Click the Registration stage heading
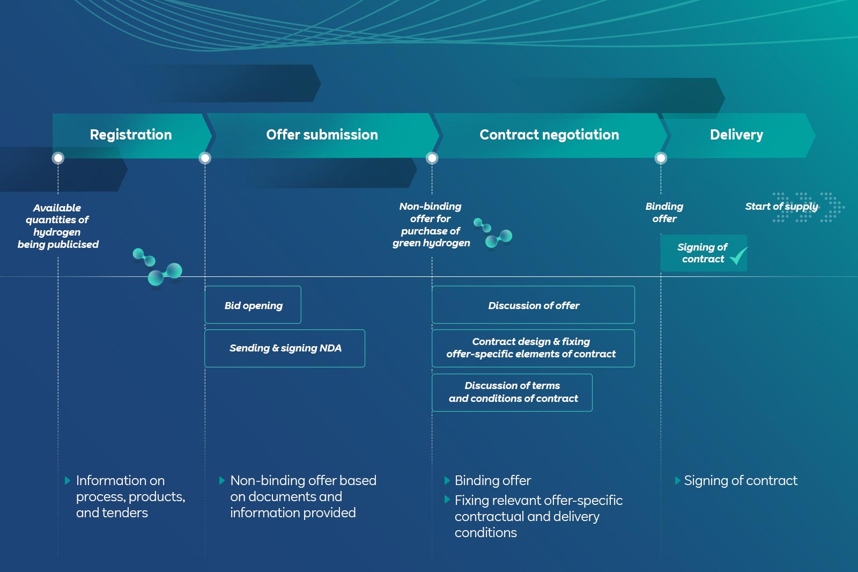pyautogui.click(x=131, y=135)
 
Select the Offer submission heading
pyautogui.click(x=322, y=135)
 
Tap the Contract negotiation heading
pyautogui.click(x=549, y=135)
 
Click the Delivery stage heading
pyautogui.click(x=736, y=135)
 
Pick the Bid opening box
pyautogui.click(x=253, y=305)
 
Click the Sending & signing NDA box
pyautogui.click(x=285, y=348)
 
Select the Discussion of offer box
pyautogui.click(x=533, y=305)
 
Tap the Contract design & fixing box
pyautogui.click(x=533, y=348)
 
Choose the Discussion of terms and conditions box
pyautogui.click(x=512, y=392)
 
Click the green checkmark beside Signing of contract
pyautogui.click(x=738, y=256)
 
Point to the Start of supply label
pyautogui.click(x=781, y=207)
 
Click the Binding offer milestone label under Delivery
pyautogui.click(x=664, y=212)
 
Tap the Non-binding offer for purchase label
pyautogui.click(x=431, y=224)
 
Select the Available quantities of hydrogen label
pyautogui.click(x=58, y=226)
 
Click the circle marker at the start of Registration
pyautogui.click(x=58, y=158)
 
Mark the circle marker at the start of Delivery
pyautogui.click(x=661, y=158)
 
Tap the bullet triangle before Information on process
pyautogui.click(x=68, y=480)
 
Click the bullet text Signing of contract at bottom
pyautogui.click(x=741, y=480)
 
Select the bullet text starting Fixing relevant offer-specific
pyautogui.click(x=538, y=516)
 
